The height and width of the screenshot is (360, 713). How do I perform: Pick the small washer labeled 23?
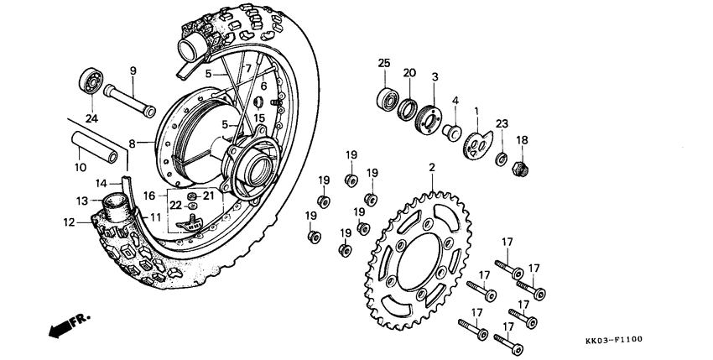[501, 158]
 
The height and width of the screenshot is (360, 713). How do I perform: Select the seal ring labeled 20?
[407, 107]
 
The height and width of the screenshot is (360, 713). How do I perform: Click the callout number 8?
[132, 143]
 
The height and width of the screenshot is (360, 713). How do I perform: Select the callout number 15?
[260, 117]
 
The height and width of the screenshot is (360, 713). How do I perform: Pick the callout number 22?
[175, 205]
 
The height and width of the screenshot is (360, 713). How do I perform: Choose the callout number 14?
[101, 182]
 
